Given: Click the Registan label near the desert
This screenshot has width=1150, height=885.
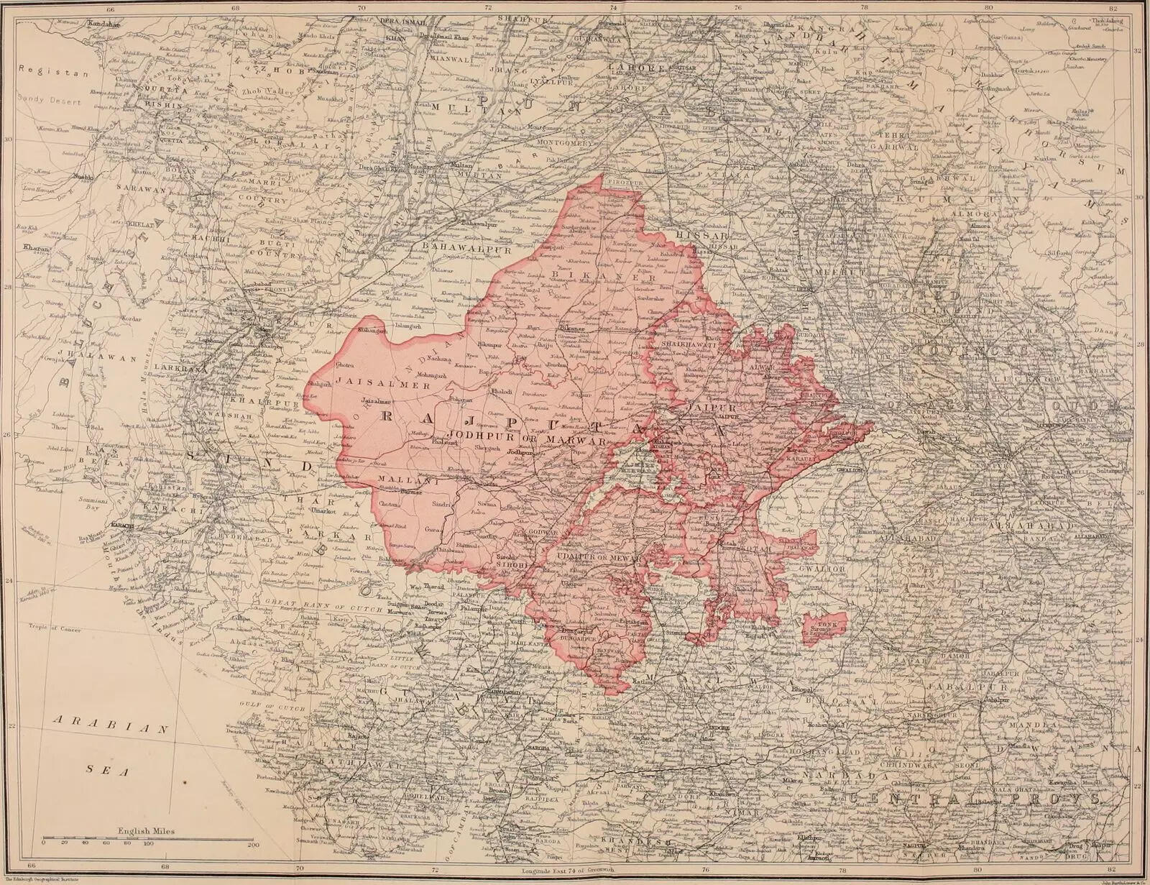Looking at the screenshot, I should click(44, 72).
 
